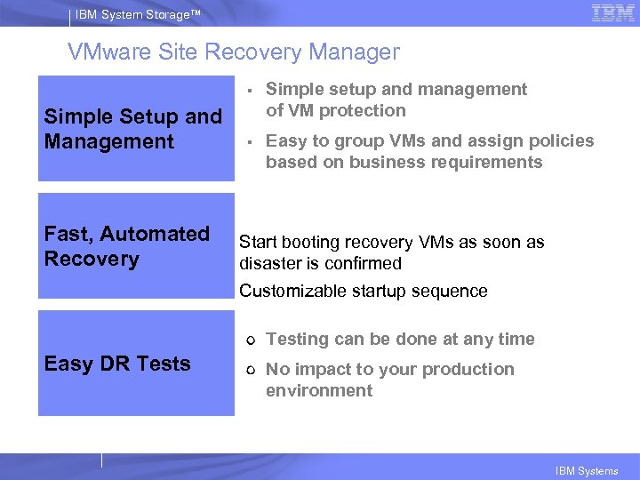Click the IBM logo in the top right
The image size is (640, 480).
pyautogui.click(x=612, y=13)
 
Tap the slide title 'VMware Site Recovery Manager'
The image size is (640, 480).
pyautogui.click(x=234, y=52)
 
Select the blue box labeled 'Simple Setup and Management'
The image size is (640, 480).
pyautogui.click(x=135, y=129)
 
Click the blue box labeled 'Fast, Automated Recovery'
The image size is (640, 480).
pyautogui.click(x=135, y=246)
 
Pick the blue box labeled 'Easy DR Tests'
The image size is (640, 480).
pyautogui.click(x=135, y=364)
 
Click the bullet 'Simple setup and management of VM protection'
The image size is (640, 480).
pyautogui.click(x=396, y=100)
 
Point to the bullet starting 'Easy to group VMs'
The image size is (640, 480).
pyautogui.click(x=429, y=151)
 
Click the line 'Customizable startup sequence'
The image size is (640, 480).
pyautogui.click(x=364, y=291)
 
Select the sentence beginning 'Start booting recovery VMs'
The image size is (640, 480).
pyautogui.click(x=392, y=252)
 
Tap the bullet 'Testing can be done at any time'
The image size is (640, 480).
pyautogui.click(x=400, y=339)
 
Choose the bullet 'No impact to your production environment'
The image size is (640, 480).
pyautogui.click(x=390, y=380)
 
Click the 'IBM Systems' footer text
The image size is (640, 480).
pyautogui.click(x=587, y=471)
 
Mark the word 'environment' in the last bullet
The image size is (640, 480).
pyautogui.click(x=319, y=391)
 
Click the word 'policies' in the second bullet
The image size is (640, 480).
pyautogui.click(x=561, y=140)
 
